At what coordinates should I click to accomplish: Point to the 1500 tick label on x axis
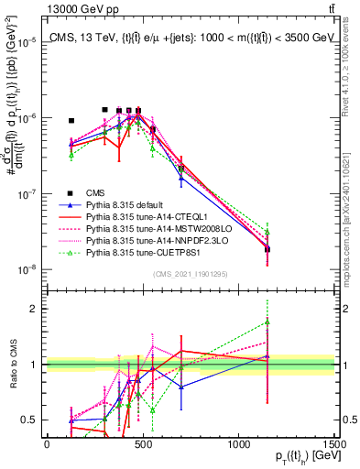coord(335,443)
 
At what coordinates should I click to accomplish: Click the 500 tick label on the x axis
coord(142,443)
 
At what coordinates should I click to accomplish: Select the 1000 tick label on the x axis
coord(238,443)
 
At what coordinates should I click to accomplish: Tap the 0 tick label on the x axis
coord(47,443)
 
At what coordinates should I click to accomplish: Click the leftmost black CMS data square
coord(71,120)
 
